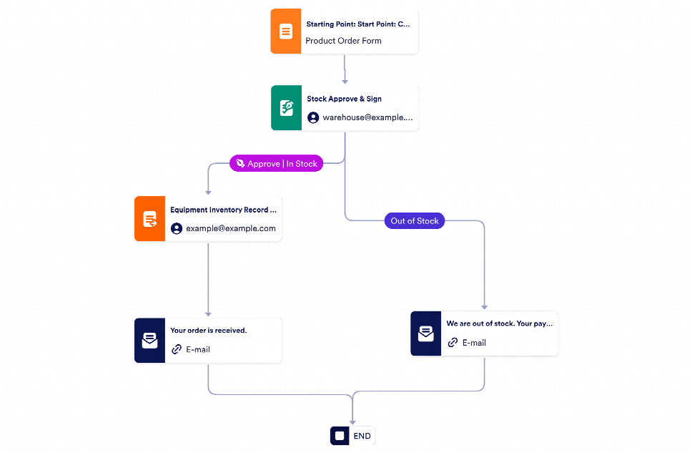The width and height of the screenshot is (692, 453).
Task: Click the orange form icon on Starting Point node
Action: point(286,31)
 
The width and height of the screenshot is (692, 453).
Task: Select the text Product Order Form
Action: point(343,41)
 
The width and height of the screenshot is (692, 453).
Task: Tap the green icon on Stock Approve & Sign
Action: point(287,108)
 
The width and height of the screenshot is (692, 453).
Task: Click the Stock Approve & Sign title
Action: point(344,99)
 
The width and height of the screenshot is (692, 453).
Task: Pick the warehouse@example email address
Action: point(367,117)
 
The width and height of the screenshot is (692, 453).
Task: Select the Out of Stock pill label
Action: point(415,221)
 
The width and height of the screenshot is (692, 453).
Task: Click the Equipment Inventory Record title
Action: point(222,210)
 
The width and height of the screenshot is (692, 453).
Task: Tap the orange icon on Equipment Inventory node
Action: point(149,219)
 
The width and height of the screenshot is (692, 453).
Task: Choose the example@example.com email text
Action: point(230,228)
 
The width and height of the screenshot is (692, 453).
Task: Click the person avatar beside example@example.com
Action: point(177,228)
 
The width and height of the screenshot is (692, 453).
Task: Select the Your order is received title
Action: point(208,331)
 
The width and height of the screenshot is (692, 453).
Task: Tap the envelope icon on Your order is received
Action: point(149,341)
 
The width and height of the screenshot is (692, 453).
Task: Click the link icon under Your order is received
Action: point(177,350)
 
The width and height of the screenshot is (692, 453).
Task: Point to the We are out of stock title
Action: point(499,323)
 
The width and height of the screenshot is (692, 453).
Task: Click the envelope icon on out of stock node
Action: point(426,333)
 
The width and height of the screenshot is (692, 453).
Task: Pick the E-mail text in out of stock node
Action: point(474,343)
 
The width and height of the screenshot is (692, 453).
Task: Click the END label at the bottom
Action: point(362,436)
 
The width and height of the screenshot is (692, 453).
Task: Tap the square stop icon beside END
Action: point(340,436)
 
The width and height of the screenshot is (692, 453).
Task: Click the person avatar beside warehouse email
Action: point(313,117)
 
